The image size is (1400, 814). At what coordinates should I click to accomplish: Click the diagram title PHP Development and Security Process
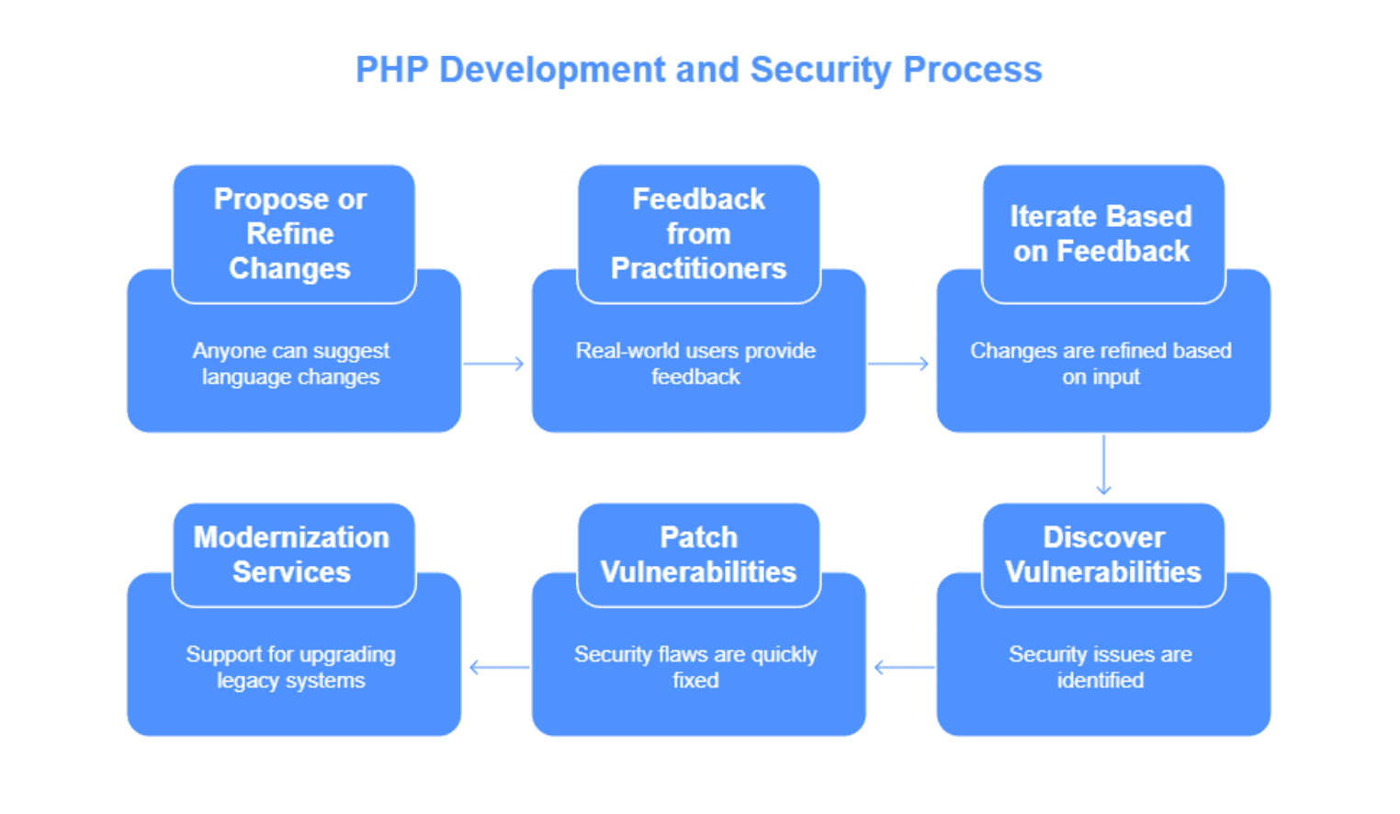coord(699,70)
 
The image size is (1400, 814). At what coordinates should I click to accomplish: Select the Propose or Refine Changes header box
coord(294,234)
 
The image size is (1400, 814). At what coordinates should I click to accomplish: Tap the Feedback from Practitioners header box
coord(699,234)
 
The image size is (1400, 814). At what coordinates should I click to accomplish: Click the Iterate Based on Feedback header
coord(1103,234)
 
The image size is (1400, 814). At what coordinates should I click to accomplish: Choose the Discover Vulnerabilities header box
coord(1103,555)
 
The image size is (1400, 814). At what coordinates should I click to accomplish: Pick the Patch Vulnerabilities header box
coord(699,555)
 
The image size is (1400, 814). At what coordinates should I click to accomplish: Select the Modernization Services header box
coord(294,555)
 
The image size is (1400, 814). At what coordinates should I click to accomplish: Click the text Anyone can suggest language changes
coord(290,364)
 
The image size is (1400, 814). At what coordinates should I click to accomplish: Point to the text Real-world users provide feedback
coord(695,364)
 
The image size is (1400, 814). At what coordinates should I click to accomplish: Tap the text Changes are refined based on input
coord(1101,364)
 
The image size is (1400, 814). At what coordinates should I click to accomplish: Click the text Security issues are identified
coord(1101,667)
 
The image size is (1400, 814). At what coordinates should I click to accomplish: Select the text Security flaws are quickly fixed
coord(695,667)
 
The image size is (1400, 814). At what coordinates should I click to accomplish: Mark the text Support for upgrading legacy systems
coord(290,667)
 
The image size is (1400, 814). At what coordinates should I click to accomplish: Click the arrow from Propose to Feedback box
coord(493,364)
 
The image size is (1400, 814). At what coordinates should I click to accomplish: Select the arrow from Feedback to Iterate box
coord(898,364)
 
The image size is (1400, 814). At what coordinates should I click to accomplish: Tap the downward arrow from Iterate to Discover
coord(1104,465)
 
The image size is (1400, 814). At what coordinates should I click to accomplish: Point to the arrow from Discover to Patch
coord(904,668)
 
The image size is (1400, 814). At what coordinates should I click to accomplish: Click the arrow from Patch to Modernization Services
coord(500,668)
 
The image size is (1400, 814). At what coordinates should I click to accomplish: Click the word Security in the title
coord(820,70)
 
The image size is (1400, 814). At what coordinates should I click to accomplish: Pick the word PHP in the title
coord(392,70)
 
